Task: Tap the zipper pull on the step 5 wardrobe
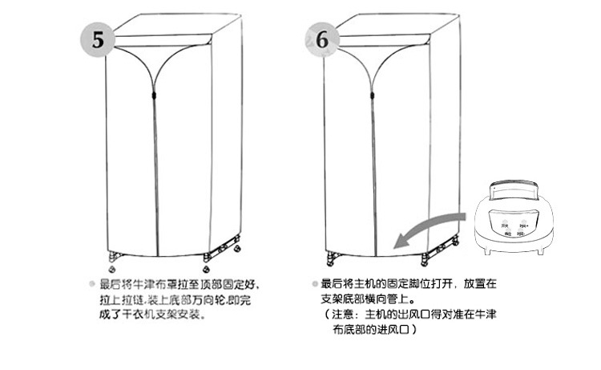click(151, 96)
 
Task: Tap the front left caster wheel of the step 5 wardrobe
click(109, 259)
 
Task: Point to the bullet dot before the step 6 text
click(315, 283)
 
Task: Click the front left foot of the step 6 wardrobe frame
click(329, 259)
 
